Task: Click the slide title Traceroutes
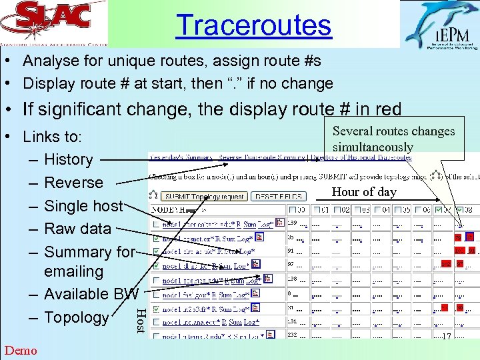[x=253, y=25]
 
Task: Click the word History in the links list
[x=68, y=159]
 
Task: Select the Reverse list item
[x=73, y=183]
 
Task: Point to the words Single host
[x=83, y=206]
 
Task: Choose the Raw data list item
[x=77, y=229]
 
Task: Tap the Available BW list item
[x=91, y=294]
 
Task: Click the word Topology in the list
[x=76, y=317]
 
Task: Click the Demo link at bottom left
[x=21, y=350]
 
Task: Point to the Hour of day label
[x=364, y=192]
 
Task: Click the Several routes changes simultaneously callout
[x=393, y=139]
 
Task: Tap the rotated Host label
[x=141, y=321]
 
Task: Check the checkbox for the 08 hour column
[x=459, y=211]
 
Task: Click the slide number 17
[x=446, y=337]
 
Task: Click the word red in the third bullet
[x=387, y=109]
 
